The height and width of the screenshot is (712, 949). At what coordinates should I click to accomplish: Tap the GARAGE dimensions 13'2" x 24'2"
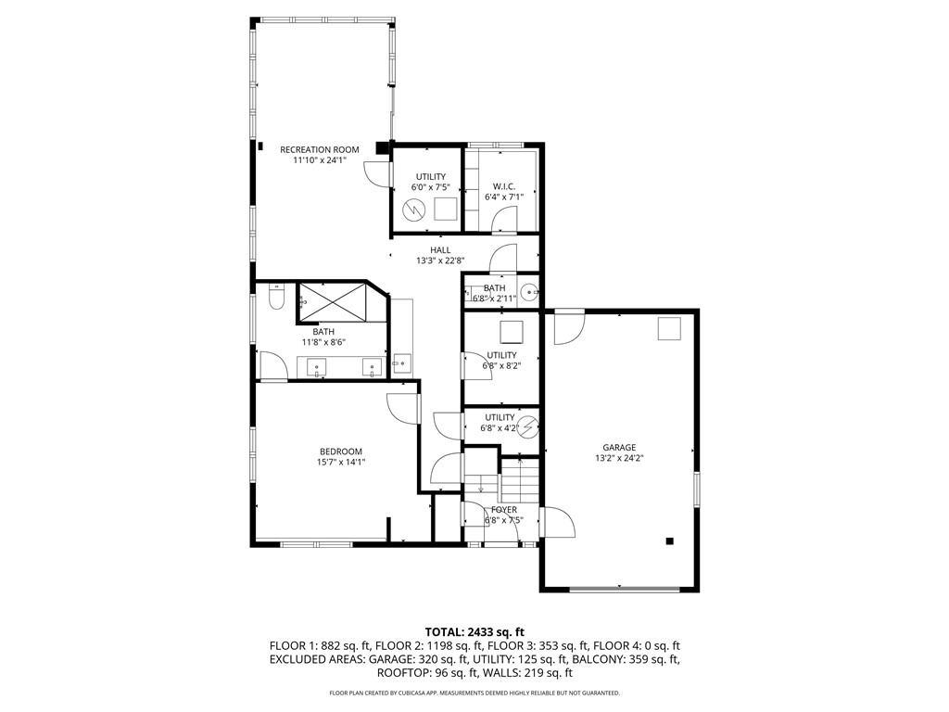point(620,458)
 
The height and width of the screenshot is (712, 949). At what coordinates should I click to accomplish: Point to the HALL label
point(440,250)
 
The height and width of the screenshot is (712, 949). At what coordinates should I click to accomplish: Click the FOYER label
point(504,509)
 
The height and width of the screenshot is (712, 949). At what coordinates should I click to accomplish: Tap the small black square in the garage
point(669,541)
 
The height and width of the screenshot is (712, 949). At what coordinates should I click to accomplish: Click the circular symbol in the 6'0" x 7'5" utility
point(414,210)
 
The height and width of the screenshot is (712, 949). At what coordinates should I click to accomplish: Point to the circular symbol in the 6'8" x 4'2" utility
point(527,427)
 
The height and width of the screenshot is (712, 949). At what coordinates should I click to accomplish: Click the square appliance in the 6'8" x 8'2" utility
point(512,332)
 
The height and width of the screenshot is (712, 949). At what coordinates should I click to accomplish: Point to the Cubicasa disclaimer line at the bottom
point(474,693)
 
